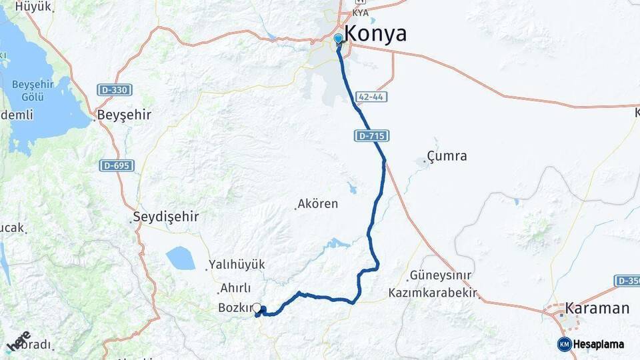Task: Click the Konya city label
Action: pyautogui.click(x=375, y=33)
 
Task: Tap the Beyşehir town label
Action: pyautogui.click(x=124, y=115)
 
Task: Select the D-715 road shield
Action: pyautogui.click(x=371, y=136)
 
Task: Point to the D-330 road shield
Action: pyautogui.click(x=115, y=89)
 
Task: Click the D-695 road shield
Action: pyautogui.click(x=117, y=165)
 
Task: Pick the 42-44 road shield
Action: pyautogui.click(x=371, y=97)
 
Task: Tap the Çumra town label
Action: pyautogui.click(x=447, y=157)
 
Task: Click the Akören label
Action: pyautogui.click(x=319, y=204)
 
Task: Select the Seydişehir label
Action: pyautogui.click(x=166, y=217)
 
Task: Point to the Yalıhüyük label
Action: pyautogui.click(x=237, y=265)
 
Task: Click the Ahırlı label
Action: pyautogui.click(x=235, y=288)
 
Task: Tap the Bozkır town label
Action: pyautogui.click(x=235, y=307)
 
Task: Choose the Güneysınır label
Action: pyautogui.click(x=440, y=275)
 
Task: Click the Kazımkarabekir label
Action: pyautogui.click(x=434, y=293)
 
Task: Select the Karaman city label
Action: pyautogui.click(x=597, y=308)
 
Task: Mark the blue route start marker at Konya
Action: pyautogui.click(x=339, y=39)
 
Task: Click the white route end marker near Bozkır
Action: pyautogui.click(x=257, y=307)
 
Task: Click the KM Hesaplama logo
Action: pyautogui.click(x=591, y=344)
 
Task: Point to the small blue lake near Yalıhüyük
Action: pyautogui.click(x=180, y=258)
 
